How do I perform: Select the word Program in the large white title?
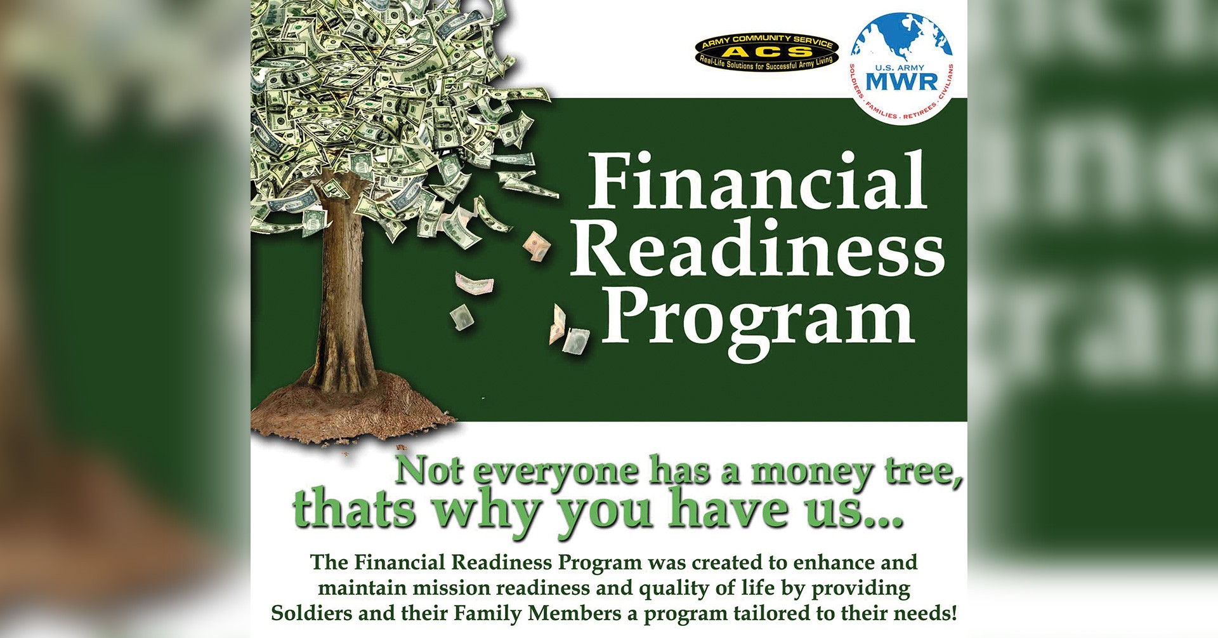(758, 317)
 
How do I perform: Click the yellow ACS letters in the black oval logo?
(766, 52)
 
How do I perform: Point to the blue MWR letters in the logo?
(901, 81)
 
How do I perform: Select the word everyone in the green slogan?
(556, 472)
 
